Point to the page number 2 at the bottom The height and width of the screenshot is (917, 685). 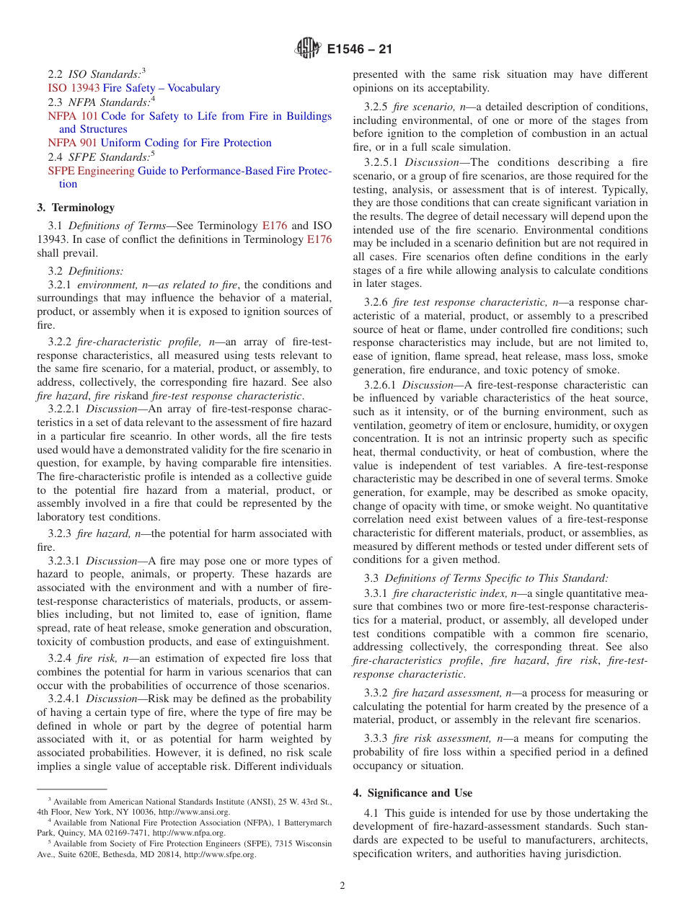[x=342, y=886]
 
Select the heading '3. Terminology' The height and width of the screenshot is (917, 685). [x=76, y=208]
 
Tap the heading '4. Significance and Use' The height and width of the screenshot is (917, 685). [x=412, y=793]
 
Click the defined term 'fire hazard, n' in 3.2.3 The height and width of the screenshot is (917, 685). [x=109, y=533]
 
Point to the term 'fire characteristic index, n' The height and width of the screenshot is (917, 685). [x=459, y=593]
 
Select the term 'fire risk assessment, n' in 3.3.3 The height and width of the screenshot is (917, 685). [x=450, y=738]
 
